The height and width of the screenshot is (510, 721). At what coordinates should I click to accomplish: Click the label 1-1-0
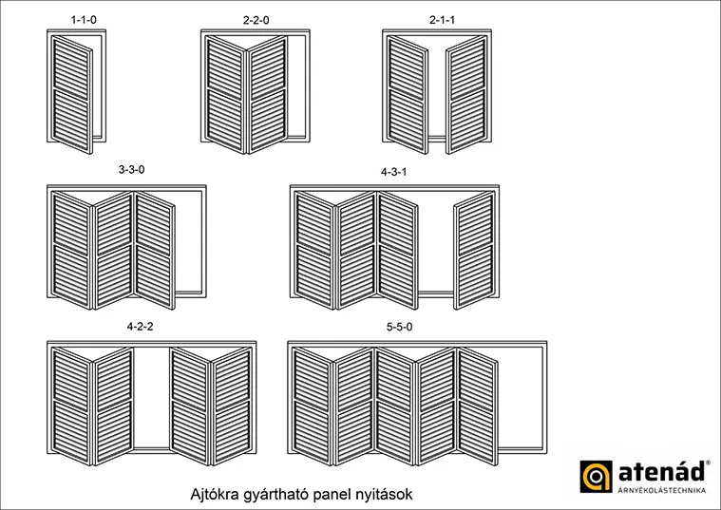84,20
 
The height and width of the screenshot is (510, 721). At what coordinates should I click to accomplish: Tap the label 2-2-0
256,20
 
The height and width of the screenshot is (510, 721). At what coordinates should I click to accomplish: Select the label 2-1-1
442,20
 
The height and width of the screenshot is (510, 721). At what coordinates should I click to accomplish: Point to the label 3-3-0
131,170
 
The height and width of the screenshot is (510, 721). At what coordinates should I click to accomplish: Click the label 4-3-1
393,172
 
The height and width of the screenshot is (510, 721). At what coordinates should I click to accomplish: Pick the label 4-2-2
141,327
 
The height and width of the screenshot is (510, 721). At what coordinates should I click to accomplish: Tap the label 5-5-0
400,327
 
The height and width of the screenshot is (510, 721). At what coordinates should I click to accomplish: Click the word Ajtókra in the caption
215,495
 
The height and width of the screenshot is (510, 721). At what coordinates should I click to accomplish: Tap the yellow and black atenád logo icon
596,477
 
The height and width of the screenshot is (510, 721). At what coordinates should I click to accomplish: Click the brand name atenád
662,471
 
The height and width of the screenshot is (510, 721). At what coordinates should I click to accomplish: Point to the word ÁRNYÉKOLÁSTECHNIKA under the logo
662,490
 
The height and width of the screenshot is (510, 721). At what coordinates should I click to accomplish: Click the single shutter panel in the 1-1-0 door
72,94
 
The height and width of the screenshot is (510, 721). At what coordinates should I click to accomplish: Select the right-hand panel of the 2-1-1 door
466,94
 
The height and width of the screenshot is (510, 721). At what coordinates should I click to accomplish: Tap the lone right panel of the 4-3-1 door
475,250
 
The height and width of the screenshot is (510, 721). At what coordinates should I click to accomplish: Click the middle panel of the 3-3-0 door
114,250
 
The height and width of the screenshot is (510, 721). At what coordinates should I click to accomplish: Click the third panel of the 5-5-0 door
395,406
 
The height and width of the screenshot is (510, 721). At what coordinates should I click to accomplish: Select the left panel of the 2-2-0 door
226,94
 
